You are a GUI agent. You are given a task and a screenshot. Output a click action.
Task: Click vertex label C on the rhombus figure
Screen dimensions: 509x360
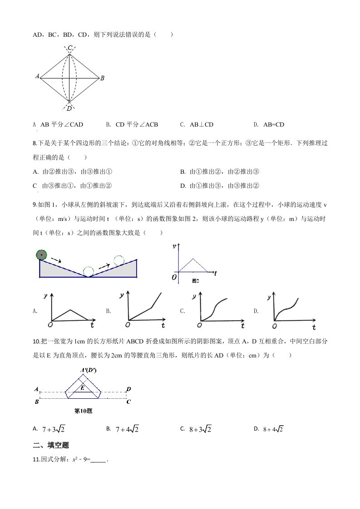[70, 48]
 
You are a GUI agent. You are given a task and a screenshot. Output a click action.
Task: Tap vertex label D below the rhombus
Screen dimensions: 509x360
[69, 108]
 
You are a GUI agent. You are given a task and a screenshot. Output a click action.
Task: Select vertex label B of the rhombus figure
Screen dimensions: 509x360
[103, 78]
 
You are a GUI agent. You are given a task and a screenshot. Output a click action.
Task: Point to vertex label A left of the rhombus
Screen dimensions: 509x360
[37, 76]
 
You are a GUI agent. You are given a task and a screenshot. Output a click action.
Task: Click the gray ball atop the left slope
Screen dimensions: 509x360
[42, 255]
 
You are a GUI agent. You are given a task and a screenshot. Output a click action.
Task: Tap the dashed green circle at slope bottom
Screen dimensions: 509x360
[89, 272]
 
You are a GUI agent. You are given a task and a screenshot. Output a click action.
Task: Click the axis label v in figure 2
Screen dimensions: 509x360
[175, 246]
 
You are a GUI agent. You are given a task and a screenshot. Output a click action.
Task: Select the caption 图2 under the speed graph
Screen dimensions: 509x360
[196, 281]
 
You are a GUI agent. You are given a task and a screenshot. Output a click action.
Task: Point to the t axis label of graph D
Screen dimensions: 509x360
[314, 326]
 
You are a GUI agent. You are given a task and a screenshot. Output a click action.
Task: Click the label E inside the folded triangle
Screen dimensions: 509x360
[82, 387]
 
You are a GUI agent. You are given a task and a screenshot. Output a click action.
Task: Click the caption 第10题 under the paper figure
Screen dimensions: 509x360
[83, 411]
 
